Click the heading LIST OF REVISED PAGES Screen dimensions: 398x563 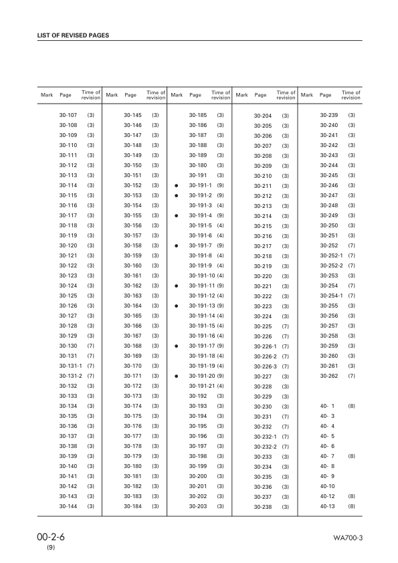click(x=74, y=35)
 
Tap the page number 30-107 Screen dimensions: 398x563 click(x=68, y=115)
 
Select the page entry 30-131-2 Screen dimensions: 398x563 click(x=71, y=376)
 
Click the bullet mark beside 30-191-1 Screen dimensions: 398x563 click(x=177, y=185)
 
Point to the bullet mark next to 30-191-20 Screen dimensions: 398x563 click(x=177, y=376)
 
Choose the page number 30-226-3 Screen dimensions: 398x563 click(x=266, y=366)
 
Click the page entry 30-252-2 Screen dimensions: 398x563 click(x=332, y=265)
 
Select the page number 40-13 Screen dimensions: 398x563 click(x=328, y=506)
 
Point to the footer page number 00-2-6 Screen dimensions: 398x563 click(x=51, y=537)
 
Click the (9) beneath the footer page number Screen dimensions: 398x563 click(x=51, y=548)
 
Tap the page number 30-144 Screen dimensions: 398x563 click(x=68, y=506)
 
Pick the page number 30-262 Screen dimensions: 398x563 click(x=329, y=376)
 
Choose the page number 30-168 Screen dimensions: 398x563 click(x=133, y=346)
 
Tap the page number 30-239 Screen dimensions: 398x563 click(x=329, y=115)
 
